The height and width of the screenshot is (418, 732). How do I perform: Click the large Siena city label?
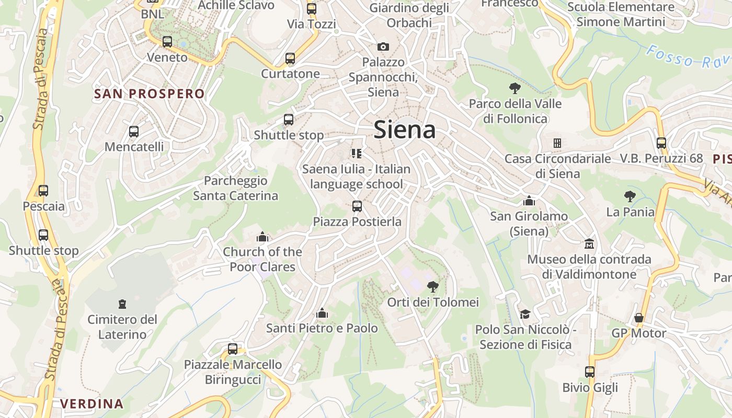404,130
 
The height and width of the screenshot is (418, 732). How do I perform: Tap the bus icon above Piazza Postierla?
357,206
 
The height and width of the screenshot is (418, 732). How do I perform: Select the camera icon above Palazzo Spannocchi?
383,47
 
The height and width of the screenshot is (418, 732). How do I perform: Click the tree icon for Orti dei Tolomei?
432,286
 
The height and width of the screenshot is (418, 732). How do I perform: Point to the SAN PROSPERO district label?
149,94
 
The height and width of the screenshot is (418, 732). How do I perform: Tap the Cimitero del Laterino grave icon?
122,304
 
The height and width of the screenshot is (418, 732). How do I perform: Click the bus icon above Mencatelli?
134,132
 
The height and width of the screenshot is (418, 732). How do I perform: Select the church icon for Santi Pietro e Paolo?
322,313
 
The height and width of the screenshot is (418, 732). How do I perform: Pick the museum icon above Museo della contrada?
589,244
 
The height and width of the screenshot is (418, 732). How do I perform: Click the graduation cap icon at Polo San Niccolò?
525,314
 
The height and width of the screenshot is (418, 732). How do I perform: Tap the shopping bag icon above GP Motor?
638,318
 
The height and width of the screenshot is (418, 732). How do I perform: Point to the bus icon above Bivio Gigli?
590,372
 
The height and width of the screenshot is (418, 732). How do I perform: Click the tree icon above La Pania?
630,196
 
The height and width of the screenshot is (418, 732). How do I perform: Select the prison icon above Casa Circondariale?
557,143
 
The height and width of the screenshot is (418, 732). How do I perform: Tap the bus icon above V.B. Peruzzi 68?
661,143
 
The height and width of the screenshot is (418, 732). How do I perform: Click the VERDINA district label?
92,403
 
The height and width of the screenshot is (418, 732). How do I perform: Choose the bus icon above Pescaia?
43,191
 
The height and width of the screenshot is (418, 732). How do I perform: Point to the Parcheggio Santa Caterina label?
235,188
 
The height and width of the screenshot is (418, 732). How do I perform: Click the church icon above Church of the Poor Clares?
262,237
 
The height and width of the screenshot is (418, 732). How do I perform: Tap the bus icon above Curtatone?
290,59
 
